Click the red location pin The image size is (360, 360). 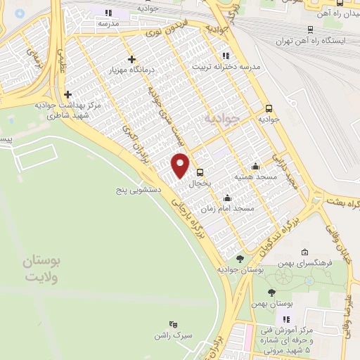181,165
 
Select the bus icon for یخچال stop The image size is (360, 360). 200,172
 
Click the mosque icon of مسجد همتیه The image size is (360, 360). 255,166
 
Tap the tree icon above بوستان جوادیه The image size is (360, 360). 240,259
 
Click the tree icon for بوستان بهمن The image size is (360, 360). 272,292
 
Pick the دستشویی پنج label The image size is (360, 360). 140,190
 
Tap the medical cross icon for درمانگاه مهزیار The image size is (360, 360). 131,60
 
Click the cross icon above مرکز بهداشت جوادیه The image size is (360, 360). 67,94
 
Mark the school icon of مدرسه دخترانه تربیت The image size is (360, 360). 225,56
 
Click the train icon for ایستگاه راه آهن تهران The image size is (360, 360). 311,29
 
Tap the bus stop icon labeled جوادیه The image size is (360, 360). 269,108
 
